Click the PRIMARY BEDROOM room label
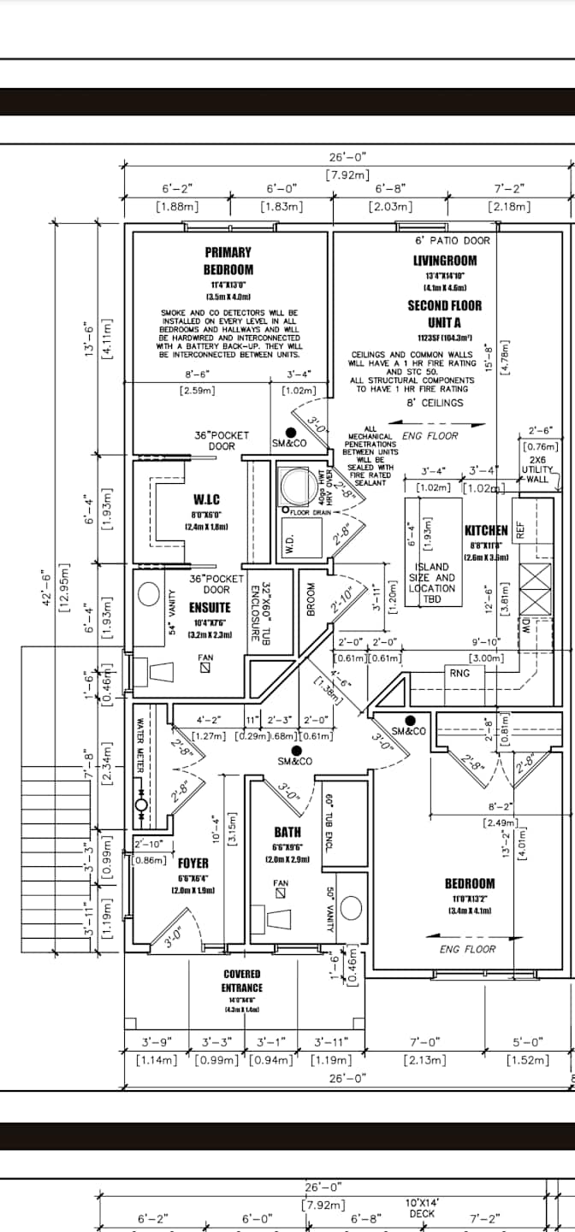[228, 261]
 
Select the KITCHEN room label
[486, 531]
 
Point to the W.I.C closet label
[206, 499]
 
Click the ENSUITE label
[210, 608]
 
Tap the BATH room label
[287, 831]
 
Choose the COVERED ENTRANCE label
[241, 981]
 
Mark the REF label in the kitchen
[519, 530]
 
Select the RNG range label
[459, 673]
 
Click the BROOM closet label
[311, 604]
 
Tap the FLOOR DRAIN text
[311, 511]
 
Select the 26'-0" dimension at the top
[347, 156]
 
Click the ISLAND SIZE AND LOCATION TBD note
[432, 583]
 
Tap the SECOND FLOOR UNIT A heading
[444, 314]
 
